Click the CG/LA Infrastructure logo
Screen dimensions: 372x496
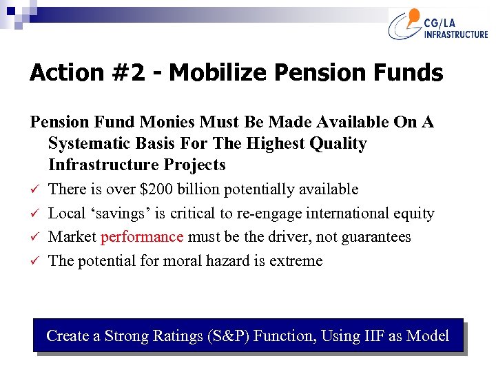(437, 25)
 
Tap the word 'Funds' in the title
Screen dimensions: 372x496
(411, 73)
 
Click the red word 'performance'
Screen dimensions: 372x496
(142, 237)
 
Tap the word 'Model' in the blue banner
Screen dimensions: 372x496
(428, 336)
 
